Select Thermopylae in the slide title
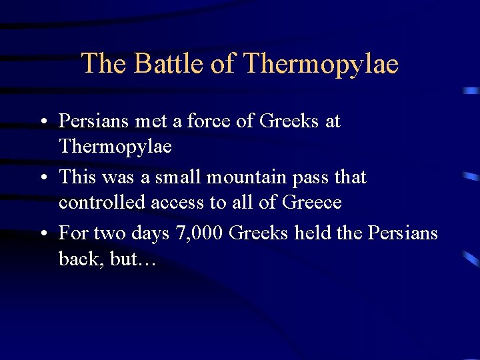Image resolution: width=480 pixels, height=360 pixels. tap(321, 64)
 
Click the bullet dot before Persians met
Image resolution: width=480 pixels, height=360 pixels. tap(42, 122)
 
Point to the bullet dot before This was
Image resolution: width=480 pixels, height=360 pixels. tap(42, 178)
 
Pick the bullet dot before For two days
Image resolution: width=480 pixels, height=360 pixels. tap(42, 234)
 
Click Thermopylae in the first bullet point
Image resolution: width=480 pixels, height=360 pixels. tap(115, 146)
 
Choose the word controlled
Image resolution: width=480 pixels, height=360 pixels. tap(102, 202)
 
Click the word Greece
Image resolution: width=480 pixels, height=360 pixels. tap(312, 202)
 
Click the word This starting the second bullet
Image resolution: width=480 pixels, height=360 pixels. tap(79, 177)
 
